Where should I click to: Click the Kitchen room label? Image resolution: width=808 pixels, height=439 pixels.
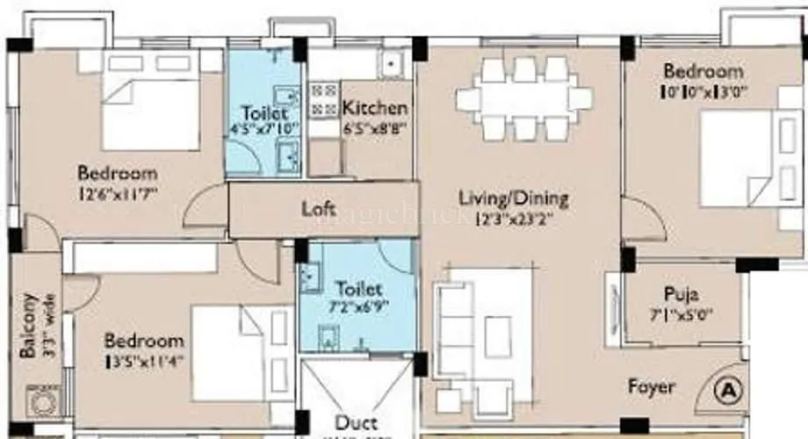375,108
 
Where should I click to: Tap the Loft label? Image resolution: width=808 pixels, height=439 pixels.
319,209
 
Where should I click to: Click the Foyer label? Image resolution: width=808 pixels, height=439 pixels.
652,386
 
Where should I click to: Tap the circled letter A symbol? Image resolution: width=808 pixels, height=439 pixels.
728,386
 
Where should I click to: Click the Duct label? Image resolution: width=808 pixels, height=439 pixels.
356,423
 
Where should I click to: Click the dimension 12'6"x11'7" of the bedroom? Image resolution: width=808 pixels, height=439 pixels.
118,191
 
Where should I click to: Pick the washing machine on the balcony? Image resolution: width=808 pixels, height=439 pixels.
40,402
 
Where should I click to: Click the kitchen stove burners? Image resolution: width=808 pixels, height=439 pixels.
322,99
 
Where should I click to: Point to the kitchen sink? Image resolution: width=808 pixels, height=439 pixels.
388,63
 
